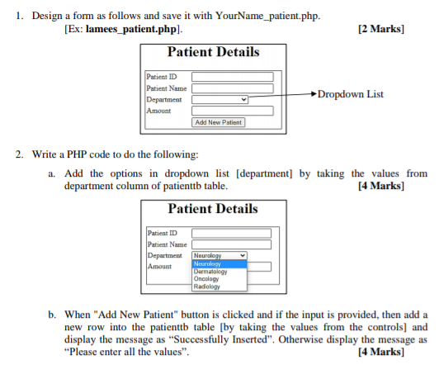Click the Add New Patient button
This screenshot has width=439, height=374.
pos(219,122)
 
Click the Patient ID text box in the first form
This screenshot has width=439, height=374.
pos(233,77)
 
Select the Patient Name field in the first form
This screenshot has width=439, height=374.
pos(233,88)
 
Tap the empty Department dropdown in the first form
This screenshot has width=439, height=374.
pos(219,99)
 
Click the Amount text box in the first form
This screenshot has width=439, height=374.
pos(233,111)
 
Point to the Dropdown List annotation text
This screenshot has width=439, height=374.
pos(350,94)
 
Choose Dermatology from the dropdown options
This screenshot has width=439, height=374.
pos(210,272)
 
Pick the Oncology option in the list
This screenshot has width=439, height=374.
pos(206,279)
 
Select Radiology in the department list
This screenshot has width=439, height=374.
pos(206,286)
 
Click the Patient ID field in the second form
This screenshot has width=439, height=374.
pos(231,233)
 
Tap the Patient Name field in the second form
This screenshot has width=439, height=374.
pos(231,244)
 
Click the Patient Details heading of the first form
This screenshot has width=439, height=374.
pos(214,52)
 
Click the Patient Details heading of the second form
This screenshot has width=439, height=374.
pos(213,208)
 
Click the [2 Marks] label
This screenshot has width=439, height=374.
pos(381,29)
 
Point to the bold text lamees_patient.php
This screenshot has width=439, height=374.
pos(131,29)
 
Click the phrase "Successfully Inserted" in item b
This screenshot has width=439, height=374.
pos(220,339)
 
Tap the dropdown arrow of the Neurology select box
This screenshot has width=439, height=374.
pos(243,255)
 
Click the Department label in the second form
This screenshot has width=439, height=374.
pos(165,255)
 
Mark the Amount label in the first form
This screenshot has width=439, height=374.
pos(158,111)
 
